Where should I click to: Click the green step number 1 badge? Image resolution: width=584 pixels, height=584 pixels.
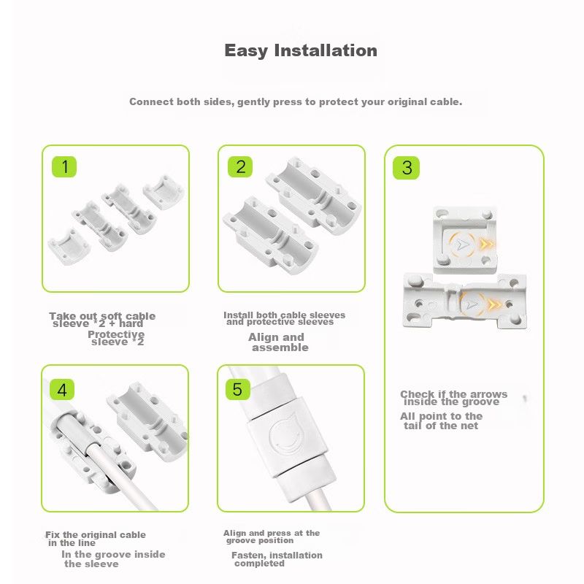(64, 166)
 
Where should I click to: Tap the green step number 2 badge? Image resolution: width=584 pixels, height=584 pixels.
(240, 166)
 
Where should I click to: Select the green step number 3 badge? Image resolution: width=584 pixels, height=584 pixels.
(407, 168)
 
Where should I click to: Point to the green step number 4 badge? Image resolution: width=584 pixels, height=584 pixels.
(62, 390)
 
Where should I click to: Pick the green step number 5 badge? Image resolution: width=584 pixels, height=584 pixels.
(238, 390)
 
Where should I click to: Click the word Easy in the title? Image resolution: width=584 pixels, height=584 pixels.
(246, 50)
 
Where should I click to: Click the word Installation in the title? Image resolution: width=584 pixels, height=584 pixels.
(326, 50)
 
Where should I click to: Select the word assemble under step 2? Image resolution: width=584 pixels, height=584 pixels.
(280, 347)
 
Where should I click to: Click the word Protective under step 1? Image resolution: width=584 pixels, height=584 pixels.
(116, 334)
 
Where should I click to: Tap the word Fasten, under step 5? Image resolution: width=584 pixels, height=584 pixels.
(249, 556)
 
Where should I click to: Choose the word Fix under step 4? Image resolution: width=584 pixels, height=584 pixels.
(53, 535)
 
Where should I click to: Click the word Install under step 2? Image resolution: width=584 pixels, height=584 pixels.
(239, 315)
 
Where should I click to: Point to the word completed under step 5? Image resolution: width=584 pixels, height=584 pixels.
(260, 564)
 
